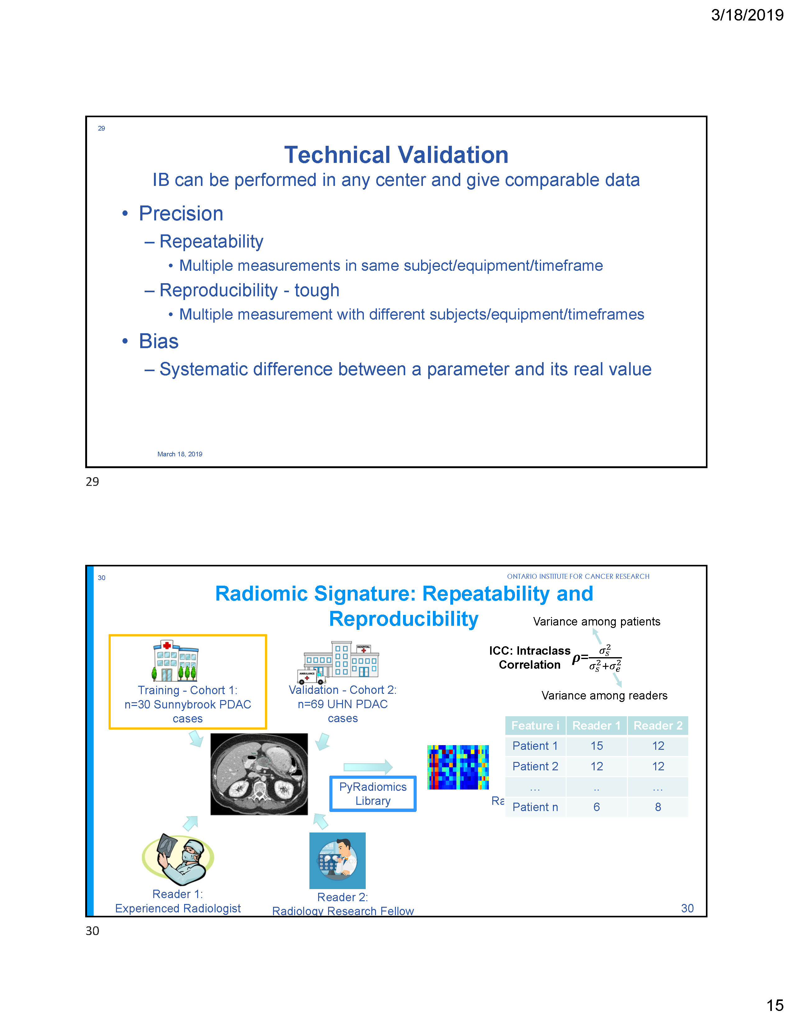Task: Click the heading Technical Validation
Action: pyautogui.click(x=396, y=155)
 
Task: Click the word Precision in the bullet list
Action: pyautogui.click(x=181, y=214)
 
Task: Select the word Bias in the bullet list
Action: pyautogui.click(x=159, y=341)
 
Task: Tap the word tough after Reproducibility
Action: pyautogui.click(x=317, y=290)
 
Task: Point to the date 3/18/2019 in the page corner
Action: pyautogui.click(x=747, y=15)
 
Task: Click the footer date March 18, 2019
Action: pyautogui.click(x=180, y=454)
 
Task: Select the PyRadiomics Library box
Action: pyautogui.click(x=373, y=794)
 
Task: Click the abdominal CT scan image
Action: pyautogui.click(x=259, y=774)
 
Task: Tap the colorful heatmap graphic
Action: pyautogui.click(x=457, y=767)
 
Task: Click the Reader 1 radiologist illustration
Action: pyautogui.click(x=178, y=859)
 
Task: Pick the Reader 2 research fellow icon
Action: pyautogui.click(x=337, y=860)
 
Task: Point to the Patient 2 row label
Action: pyautogui.click(x=535, y=766)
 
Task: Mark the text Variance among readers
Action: pyautogui.click(x=604, y=696)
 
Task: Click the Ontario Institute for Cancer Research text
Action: pyautogui.click(x=578, y=577)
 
